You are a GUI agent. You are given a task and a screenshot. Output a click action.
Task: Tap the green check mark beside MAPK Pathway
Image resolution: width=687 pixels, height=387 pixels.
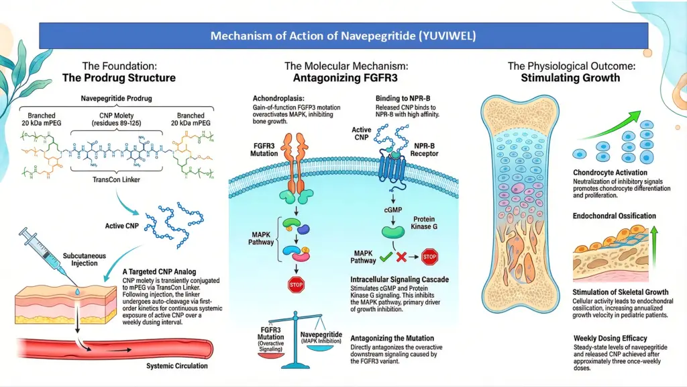(x=386, y=256)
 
